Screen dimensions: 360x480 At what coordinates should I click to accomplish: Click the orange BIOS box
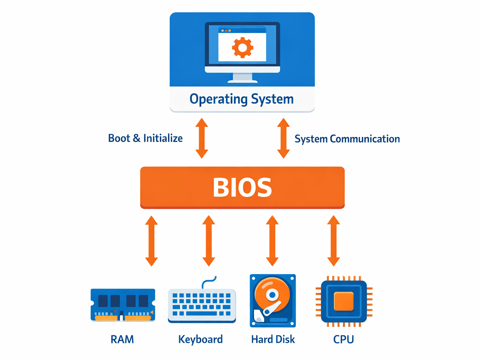pos(242,187)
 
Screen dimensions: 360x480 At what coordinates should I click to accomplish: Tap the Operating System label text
pos(241,98)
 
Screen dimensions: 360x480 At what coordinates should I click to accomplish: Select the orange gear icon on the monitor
pos(243,48)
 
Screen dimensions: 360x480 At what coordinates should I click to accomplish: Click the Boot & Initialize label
pos(145,138)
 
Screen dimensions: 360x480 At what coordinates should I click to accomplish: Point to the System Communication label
pos(347,139)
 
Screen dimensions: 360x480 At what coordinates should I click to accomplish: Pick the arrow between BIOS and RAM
pos(152,241)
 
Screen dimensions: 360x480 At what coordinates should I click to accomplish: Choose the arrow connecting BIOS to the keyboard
pos(209,241)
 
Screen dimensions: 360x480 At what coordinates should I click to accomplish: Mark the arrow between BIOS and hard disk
pos(272,241)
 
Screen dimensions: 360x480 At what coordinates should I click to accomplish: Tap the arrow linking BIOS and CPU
pos(333,241)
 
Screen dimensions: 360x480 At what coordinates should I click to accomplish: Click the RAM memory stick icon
pos(123,305)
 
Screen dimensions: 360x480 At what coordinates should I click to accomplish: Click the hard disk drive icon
pos(273,301)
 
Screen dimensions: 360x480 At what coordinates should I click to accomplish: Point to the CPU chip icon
pos(344,301)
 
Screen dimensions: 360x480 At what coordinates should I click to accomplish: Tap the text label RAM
pos(122,339)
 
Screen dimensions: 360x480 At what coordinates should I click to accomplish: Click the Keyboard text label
pos(200,339)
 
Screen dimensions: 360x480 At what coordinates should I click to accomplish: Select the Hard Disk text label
pos(273,339)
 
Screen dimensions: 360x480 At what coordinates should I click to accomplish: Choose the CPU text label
pos(344,339)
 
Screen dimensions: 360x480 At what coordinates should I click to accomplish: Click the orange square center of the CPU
pos(344,301)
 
